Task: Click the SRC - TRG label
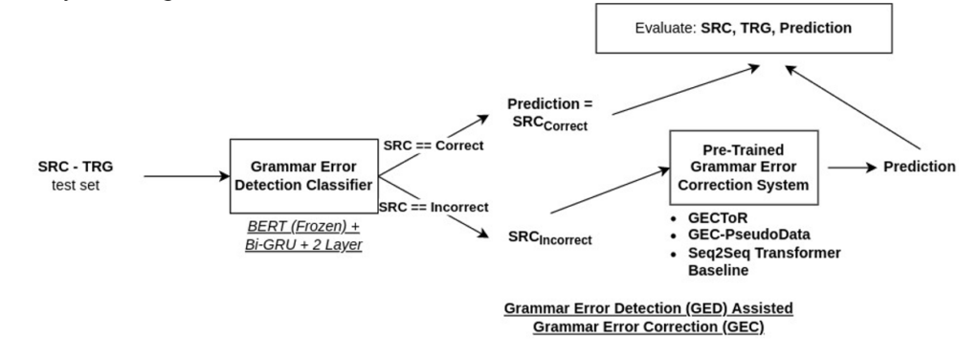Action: point(77,165)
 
